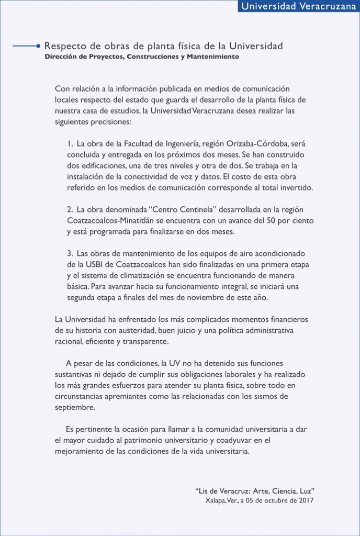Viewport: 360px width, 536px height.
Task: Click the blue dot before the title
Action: (x=39, y=46)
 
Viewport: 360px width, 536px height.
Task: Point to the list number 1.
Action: (x=70, y=143)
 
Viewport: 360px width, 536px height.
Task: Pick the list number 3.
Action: (x=70, y=253)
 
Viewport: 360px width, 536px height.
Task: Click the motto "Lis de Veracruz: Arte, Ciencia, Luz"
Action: (x=254, y=491)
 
